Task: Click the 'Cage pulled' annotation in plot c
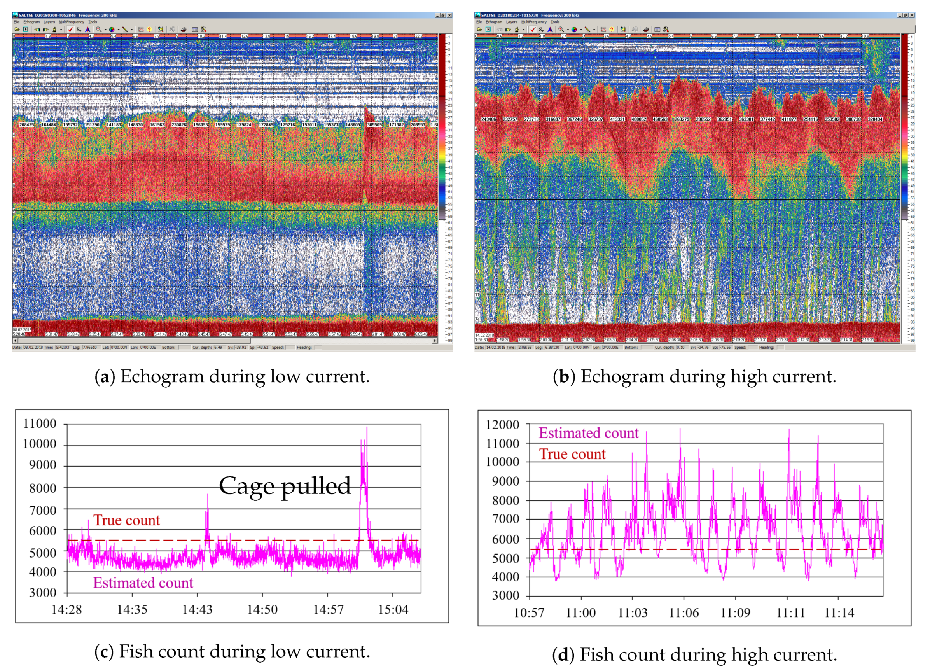coord(285,486)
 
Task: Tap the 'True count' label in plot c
coord(126,520)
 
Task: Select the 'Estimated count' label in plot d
coord(588,433)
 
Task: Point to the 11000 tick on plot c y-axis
coord(40,423)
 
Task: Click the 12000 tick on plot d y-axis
coord(502,424)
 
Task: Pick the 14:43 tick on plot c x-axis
coord(197,610)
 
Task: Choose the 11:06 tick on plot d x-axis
coord(684,612)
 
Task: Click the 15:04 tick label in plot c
coord(393,610)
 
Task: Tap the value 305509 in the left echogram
coord(374,125)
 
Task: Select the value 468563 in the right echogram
coord(660,119)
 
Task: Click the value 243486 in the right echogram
coord(488,119)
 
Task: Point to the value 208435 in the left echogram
coord(27,125)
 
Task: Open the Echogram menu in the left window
coord(31,22)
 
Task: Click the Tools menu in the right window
coord(555,22)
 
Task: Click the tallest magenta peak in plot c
coord(367,428)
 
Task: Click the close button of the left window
coord(449,15)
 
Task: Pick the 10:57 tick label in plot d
coord(529,612)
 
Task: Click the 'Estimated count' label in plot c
coord(143,583)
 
